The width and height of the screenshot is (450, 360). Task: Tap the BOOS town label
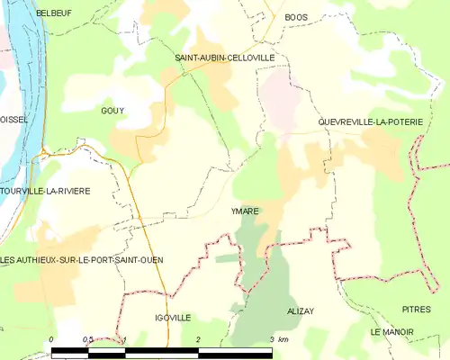(295, 17)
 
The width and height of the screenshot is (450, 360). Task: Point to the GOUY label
(112, 111)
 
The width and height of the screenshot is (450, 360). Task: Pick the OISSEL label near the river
(13, 119)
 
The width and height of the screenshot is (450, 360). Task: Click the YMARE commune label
(245, 211)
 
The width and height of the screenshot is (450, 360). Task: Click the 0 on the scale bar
(52, 338)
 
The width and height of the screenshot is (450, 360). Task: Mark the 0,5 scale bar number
(87, 338)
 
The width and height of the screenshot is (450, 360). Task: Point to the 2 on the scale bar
(198, 338)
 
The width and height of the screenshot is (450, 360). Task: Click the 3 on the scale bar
(271, 338)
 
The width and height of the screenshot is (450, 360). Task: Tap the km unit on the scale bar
(283, 338)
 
